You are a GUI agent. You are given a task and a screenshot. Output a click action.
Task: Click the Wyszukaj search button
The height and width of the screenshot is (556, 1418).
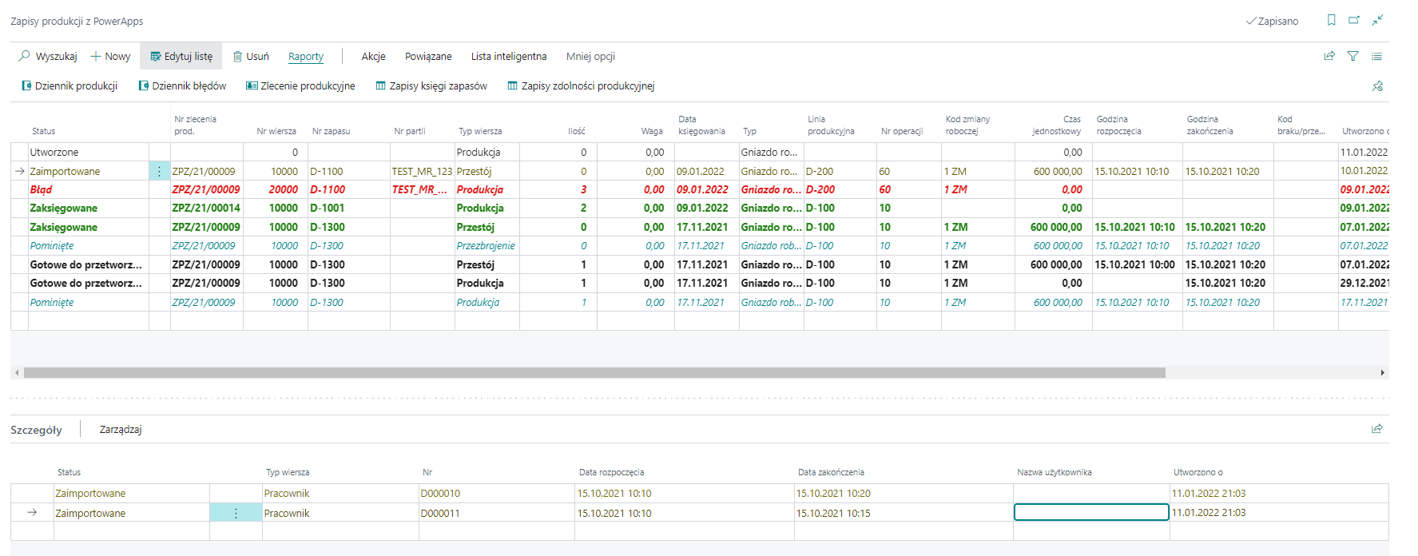point(48,57)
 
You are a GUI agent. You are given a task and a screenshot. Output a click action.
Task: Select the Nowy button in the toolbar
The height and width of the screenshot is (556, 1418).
point(110,57)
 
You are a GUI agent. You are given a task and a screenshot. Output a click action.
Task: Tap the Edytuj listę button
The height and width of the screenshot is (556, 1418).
point(181,57)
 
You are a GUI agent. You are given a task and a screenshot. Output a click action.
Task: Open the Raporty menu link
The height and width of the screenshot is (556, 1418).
point(306,57)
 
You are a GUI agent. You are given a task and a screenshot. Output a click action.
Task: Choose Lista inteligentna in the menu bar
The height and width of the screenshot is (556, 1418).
point(509,57)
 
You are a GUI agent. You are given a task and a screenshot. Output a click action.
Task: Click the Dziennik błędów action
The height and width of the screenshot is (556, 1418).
point(183,86)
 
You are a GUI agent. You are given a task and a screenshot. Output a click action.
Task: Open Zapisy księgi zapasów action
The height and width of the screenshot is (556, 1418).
point(431,86)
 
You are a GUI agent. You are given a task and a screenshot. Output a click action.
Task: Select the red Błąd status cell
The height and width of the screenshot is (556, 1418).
point(42,190)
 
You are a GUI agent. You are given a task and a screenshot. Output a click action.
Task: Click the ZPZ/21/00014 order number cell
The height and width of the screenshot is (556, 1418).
point(206,208)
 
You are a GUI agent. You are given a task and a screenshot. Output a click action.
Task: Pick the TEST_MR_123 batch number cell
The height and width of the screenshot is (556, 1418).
point(422,172)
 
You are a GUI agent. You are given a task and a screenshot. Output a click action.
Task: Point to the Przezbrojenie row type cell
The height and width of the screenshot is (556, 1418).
point(486,246)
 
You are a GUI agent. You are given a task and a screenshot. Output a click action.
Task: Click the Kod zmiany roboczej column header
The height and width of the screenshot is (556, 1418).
point(967,125)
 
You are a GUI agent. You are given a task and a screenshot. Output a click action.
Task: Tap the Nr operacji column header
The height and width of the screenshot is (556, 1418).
point(902,131)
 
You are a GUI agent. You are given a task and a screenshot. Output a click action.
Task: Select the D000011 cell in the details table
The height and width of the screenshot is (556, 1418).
point(441,514)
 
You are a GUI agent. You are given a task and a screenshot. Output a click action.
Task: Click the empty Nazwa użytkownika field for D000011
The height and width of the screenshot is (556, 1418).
point(1091,513)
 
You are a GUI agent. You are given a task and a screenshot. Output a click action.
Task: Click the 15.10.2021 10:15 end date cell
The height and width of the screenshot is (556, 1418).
point(833,514)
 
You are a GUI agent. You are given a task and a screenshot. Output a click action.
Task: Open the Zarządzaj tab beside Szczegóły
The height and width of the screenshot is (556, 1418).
point(121,430)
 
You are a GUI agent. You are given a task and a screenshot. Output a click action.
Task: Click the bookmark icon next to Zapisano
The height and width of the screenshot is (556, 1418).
point(1331,21)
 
